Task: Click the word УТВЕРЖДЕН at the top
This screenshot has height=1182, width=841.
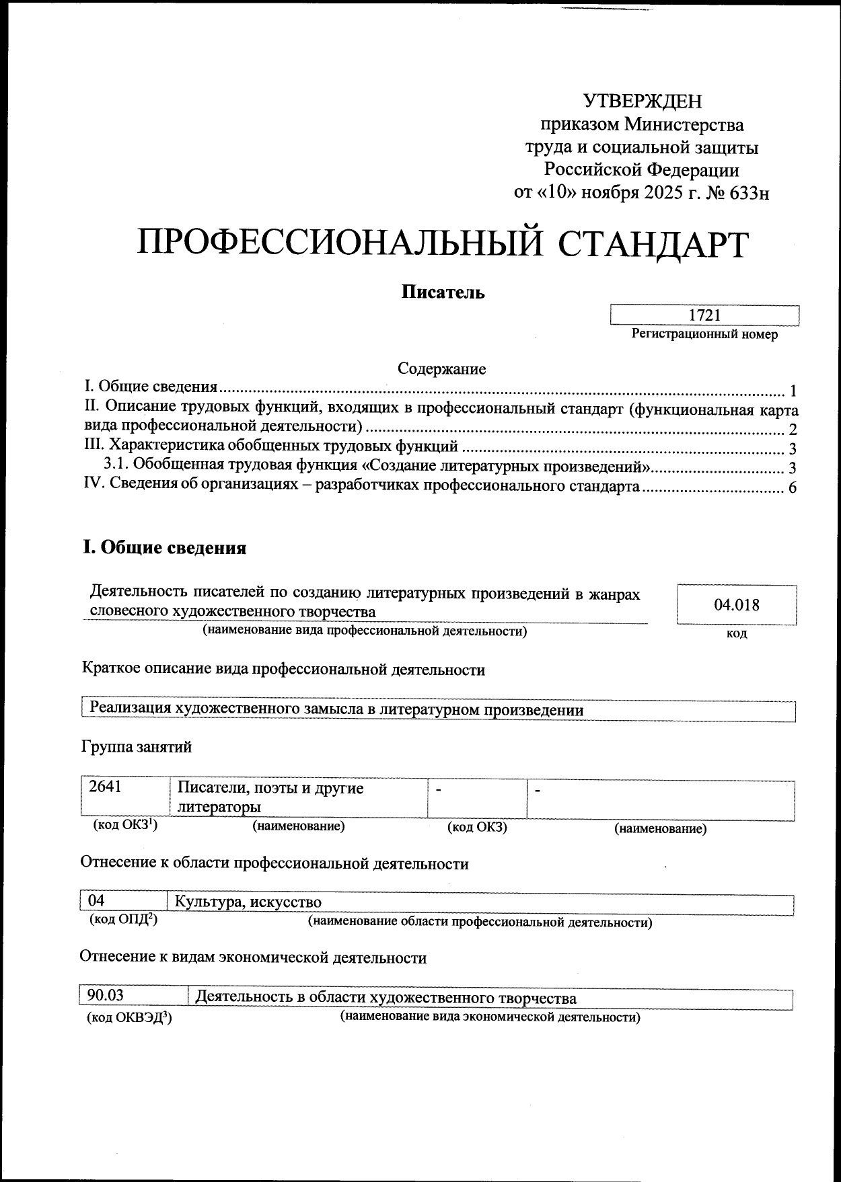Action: [642, 101]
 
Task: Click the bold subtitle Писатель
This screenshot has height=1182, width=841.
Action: [443, 292]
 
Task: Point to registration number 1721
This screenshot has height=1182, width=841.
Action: [704, 315]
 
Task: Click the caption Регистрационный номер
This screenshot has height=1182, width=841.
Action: [704, 334]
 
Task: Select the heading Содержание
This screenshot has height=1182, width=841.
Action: [441, 368]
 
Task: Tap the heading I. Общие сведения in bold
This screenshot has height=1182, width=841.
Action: [164, 548]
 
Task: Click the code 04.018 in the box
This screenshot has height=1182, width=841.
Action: [737, 604]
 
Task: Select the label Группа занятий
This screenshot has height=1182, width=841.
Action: [137, 747]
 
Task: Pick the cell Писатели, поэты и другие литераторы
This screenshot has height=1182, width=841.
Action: [270, 797]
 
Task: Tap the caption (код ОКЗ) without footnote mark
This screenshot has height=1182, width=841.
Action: [477, 828]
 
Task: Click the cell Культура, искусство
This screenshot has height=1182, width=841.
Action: [248, 902]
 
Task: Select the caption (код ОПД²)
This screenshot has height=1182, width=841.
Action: [123, 920]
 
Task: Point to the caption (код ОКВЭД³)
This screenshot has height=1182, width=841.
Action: [129, 1019]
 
